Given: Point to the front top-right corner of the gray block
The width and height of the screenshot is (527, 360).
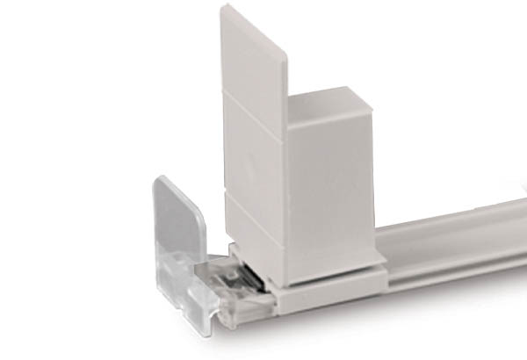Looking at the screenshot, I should (x=372, y=112).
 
